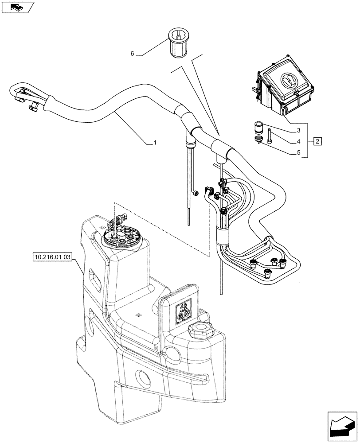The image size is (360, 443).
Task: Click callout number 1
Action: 154,143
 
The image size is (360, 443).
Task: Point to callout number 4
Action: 300,141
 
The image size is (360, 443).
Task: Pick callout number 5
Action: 300,153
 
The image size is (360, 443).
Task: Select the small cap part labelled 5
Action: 258,140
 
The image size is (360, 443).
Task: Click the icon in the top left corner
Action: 17,6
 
